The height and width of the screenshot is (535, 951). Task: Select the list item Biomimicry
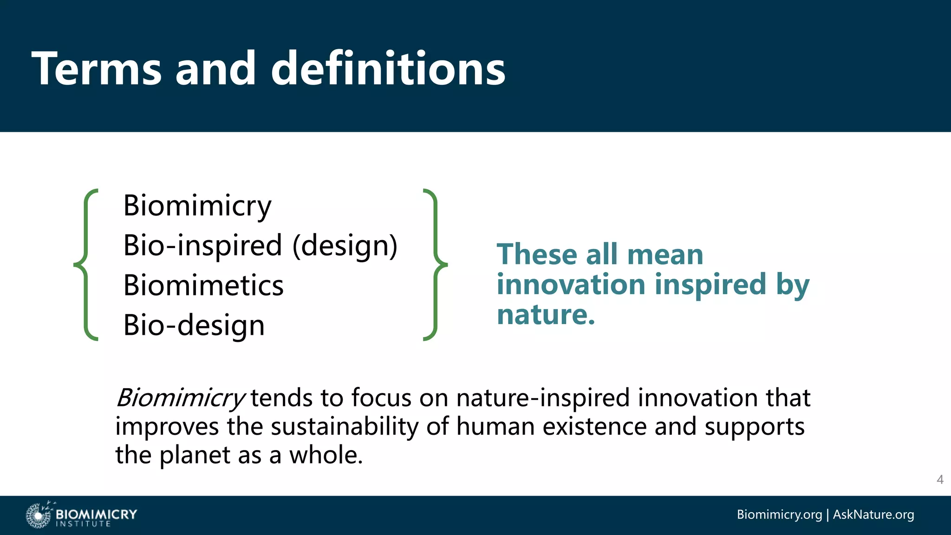197,206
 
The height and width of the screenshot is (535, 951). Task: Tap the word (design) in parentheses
345,246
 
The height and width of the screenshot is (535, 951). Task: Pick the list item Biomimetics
203,285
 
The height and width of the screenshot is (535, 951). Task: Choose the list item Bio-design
194,325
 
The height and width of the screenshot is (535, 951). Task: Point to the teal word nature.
546,314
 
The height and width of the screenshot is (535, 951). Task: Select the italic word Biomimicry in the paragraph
180,398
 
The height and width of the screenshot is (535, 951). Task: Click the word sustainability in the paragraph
345,426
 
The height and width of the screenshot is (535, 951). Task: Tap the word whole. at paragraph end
326,455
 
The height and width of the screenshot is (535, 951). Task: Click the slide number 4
940,480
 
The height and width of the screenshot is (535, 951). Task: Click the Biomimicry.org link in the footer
779,515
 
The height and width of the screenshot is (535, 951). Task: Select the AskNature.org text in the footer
873,515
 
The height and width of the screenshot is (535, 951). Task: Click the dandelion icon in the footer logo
38,515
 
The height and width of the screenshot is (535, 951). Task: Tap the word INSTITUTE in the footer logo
83,524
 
